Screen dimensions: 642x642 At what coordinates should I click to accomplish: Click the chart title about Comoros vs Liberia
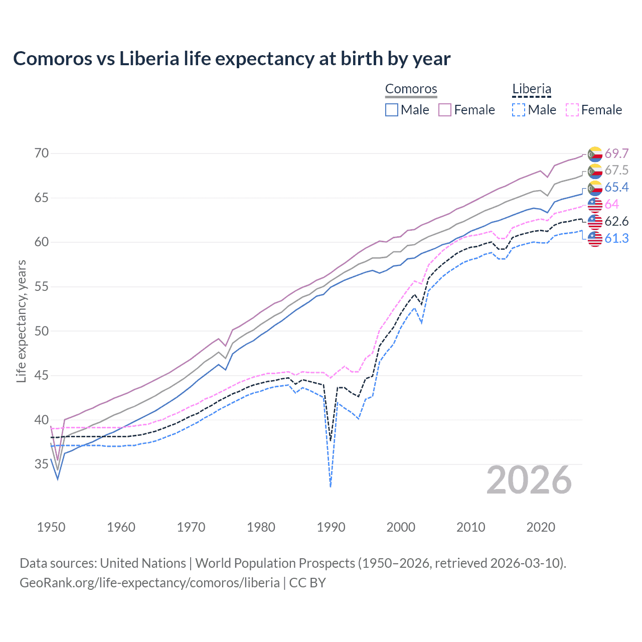pyautogui.click(x=232, y=59)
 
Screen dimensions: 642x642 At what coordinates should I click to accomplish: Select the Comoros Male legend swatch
pyautogui.click(x=392, y=110)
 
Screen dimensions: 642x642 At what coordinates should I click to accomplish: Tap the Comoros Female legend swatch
pyautogui.click(x=445, y=110)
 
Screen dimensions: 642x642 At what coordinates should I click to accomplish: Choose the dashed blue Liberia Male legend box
pyautogui.click(x=519, y=110)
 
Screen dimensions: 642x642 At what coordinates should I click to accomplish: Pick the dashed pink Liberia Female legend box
pyautogui.click(x=572, y=110)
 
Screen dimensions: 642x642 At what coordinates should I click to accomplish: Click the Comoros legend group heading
pyautogui.click(x=411, y=89)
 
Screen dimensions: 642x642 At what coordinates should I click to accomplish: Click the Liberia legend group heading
pyautogui.click(x=532, y=89)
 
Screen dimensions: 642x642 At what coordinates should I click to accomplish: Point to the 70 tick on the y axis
pyautogui.click(x=42, y=153)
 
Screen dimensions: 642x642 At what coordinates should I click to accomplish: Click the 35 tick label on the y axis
pyautogui.click(x=42, y=464)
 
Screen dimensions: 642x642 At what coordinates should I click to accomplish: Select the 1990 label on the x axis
pyautogui.click(x=331, y=527)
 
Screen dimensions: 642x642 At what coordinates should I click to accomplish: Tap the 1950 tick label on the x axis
pyautogui.click(x=51, y=527)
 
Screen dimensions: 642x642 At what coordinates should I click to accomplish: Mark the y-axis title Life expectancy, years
pyautogui.click(x=21, y=321)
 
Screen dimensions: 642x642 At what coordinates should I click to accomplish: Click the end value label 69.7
pyautogui.click(x=616, y=153)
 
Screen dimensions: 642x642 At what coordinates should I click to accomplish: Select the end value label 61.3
pyautogui.click(x=616, y=239)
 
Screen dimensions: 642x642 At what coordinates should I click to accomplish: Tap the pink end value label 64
pyautogui.click(x=611, y=205)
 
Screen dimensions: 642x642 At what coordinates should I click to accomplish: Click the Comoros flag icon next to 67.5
pyautogui.click(x=595, y=171)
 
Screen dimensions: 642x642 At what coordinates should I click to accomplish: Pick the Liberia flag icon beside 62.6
pyautogui.click(x=595, y=222)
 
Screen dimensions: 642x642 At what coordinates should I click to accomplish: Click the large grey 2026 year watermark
pyautogui.click(x=529, y=480)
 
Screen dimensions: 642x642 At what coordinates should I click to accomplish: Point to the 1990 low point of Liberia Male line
pyautogui.click(x=331, y=486)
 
